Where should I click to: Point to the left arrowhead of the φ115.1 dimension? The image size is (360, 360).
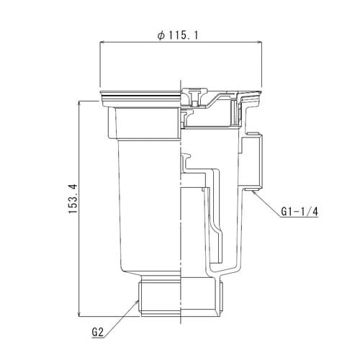[100, 43]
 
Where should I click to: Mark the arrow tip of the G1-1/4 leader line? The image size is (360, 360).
[253, 191]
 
